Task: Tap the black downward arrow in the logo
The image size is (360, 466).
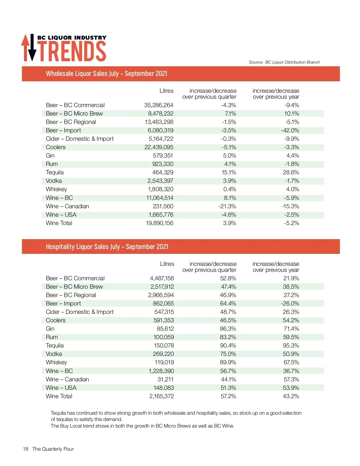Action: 32,50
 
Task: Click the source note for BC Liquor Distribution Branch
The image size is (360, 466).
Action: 284,62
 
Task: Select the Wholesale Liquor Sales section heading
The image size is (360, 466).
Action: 106,74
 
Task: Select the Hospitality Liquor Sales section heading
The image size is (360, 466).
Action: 107,247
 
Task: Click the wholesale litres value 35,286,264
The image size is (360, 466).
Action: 158,105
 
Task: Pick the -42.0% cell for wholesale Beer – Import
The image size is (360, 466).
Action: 290,130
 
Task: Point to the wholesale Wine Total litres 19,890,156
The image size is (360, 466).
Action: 159,223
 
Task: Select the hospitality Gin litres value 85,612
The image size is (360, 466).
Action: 165,329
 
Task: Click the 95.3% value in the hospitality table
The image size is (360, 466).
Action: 291,345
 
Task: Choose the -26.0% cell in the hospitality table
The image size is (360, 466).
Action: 290,303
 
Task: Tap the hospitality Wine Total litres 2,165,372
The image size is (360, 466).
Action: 161,396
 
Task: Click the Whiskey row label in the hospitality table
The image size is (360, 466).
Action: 56,362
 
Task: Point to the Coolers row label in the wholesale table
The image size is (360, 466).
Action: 55,147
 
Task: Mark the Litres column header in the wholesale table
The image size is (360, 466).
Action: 166,91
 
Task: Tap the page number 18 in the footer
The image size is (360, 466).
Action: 25,449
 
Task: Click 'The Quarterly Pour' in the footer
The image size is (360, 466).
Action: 53,449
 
